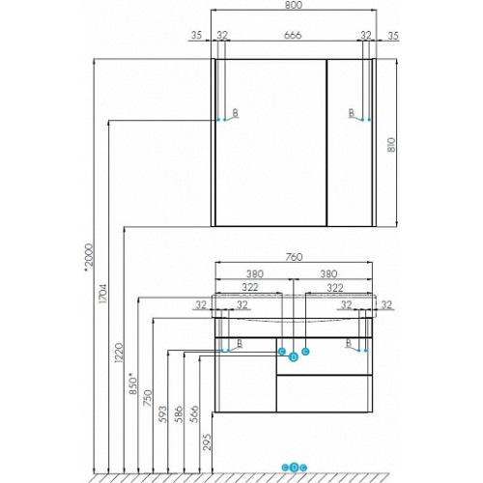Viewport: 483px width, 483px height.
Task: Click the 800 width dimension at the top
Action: [294, 5]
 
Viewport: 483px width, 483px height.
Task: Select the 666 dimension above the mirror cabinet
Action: [293, 35]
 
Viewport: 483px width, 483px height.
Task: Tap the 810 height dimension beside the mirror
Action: [390, 145]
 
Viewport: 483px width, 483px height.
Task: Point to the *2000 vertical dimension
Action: [88, 258]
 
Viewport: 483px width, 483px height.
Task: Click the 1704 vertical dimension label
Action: [103, 294]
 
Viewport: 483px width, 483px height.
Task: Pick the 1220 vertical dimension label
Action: [119, 354]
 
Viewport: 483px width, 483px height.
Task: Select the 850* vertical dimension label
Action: [133, 384]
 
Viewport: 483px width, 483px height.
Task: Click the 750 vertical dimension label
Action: [148, 398]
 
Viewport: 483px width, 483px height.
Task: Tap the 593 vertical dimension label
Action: [163, 414]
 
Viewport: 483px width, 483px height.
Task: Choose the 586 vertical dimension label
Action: [180, 414]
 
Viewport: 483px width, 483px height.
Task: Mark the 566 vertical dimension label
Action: [194, 414]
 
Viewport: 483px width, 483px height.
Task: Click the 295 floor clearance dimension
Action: [208, 441]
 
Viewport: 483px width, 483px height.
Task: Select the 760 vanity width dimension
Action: [294, 257]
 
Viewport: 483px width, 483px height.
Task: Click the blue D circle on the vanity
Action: [293, 357]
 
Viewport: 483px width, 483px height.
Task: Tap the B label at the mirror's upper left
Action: [236, 113]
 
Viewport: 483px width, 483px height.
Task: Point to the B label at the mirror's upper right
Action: [352, 113]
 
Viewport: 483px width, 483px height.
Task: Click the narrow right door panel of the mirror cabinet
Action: [350, 143]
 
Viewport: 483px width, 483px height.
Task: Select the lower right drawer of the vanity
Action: [324, 393]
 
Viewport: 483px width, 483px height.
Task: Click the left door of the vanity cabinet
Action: [245, 375]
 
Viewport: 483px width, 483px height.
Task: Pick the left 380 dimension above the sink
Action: [255, 274]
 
